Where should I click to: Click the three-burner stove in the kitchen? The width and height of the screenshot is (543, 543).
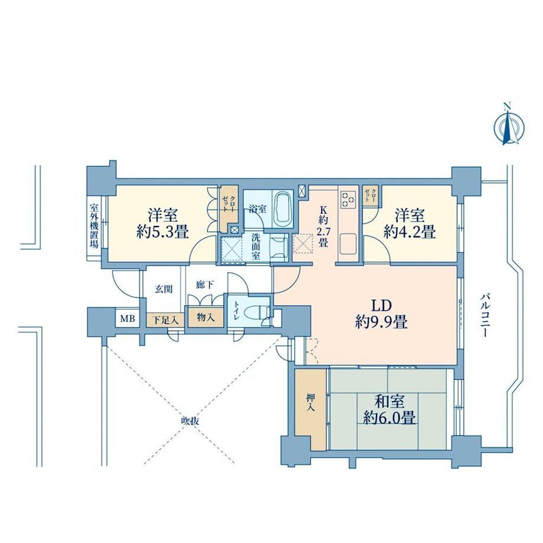348,200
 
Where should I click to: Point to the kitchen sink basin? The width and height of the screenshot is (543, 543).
348,243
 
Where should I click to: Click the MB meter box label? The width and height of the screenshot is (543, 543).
127,318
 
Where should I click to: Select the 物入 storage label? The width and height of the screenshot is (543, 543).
205,317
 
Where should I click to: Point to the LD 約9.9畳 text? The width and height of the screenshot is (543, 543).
381,314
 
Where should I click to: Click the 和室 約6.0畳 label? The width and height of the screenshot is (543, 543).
389,410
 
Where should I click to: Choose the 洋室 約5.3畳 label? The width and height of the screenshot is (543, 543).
163,223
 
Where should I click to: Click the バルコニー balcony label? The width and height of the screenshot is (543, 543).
485,315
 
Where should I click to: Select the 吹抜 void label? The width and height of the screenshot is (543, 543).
190,421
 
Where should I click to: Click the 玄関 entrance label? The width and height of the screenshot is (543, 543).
163,289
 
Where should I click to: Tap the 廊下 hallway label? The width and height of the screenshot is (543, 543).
205,285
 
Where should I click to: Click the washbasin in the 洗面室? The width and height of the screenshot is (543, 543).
279,247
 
